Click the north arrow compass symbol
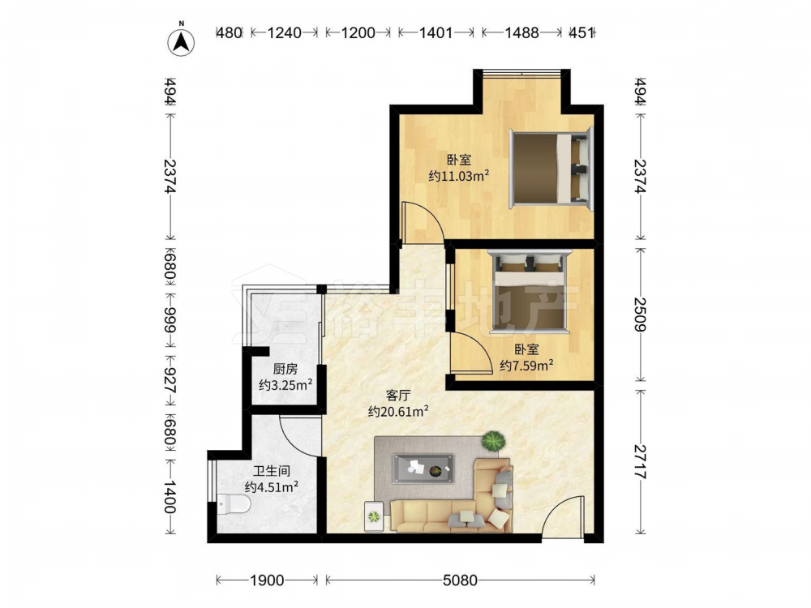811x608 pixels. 181,41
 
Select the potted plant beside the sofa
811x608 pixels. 493,441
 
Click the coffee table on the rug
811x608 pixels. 423,469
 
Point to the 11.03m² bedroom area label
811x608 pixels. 459,176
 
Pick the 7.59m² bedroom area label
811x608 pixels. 526,366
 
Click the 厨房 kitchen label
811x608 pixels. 285,369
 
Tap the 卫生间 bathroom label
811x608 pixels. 272,472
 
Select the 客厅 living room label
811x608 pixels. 398,396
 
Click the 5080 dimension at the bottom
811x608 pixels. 460,580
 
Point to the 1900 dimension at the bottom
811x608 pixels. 267,580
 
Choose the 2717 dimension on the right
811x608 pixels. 641,461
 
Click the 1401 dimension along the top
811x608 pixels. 436,32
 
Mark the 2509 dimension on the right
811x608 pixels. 641,315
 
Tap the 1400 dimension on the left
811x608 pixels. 170,496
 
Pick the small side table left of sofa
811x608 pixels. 373,516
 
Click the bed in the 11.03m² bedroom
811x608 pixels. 551,169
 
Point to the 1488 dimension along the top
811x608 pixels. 521,32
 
